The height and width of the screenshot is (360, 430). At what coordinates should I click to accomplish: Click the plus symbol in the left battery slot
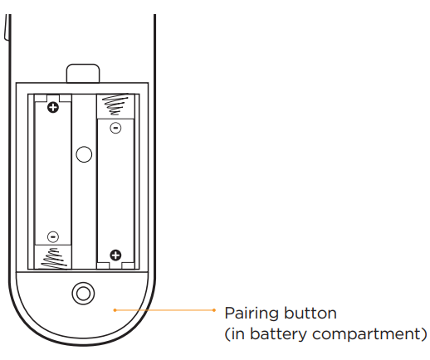[x=53, y=107]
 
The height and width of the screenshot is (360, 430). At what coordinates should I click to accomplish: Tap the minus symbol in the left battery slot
[x=53, y=236]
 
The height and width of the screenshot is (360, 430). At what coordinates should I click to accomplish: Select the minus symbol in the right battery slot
[x=115, y=128]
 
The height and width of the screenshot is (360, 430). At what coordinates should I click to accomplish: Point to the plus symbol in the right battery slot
[x=115, y=255]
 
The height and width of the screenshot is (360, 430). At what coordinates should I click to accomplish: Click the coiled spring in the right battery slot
[x=115, y=104]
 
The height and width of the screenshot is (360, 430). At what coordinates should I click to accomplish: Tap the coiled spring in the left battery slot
[x=54, y=259]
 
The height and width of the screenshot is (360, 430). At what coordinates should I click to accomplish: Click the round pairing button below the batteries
[x=83, y=293]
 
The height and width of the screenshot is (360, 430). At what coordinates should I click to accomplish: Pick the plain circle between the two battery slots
[x=84, y=154]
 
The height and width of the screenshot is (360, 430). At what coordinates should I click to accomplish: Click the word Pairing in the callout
[x=252, y=314]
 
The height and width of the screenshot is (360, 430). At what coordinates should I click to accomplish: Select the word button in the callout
[x=310, y=313]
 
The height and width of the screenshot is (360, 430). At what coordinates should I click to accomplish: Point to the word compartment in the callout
[x=367, y=335]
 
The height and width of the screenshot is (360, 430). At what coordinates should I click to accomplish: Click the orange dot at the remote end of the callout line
[x=115, y=310]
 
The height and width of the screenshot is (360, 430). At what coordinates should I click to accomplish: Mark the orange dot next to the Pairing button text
[x=214, y=310]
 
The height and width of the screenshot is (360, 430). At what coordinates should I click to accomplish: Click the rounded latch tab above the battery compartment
[x=83, y=73]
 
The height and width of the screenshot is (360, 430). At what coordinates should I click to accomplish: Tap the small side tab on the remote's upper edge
[x=7, y=27]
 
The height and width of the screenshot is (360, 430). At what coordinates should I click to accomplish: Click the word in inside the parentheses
[x=238, y=333]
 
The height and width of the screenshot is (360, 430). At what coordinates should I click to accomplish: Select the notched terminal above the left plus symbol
[x=53, y=98]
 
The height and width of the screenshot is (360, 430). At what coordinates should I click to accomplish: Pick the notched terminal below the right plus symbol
[x=115, y=265]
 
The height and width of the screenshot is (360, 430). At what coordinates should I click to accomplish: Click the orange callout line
[x=164, y=310]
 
